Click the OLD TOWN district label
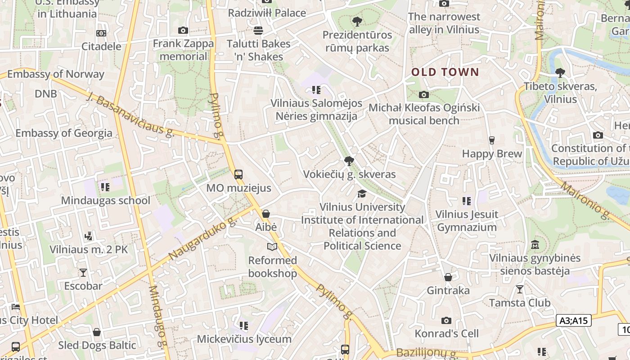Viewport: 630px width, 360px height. pyautogui.click(x=445, y=72)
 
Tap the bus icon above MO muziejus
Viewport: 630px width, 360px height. pyautogui.click(x=238, y=175)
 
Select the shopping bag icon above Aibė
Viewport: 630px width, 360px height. pyautogui.click(x=266, y=214)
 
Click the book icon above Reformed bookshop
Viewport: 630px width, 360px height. pyautogui.click(x=272, y=247)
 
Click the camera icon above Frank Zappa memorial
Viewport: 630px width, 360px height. pyautogui.click(x=183, y=30)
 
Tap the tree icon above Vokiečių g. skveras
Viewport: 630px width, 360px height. pyautogui.click(x=349, y=161)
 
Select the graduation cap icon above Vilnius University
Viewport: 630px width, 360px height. pyautogui.click(x=362, y=193)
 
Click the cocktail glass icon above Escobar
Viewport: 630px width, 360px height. pyautogui.click(x=83, y=272)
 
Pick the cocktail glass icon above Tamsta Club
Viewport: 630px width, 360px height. pyautogui.click(x=520, y=289)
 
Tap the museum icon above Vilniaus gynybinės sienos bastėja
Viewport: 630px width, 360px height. pyautogui.click(x=535, y=245)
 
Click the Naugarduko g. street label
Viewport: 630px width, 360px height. pyautogui.click(x=202, y=239)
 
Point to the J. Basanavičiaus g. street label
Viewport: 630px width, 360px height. pyautogui.click(x=130, y=115)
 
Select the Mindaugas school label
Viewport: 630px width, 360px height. pyautogui.click(x=106, y=200)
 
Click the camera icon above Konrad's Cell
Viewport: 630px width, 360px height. pyautogui.click(x=446, y=320)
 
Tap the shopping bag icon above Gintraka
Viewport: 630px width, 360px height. pyautogui.click(x=448, y=277)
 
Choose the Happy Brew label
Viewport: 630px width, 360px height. pyautogui.click(x=492, y=153)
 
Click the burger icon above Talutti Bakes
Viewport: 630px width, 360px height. pyautogui.click(x=258, y=30)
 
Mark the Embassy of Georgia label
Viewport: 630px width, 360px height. pyautogui.click(x=64, y=133)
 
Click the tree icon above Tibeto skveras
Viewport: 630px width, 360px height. pyautogui.click(x=560, y=72)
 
